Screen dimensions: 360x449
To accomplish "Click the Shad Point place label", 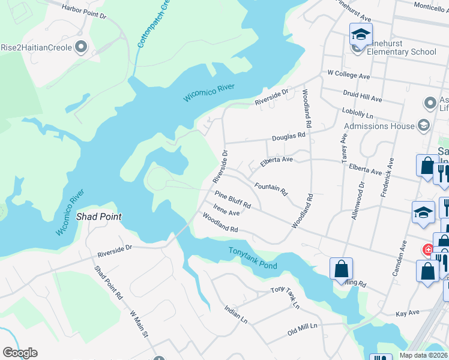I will [99, 216].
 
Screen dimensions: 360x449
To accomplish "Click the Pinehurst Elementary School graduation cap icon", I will [361, 34].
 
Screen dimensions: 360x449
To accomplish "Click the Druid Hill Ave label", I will [363, 98].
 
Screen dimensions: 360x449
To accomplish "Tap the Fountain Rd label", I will [271, 190].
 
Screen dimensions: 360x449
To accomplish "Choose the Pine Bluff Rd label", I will [233, 200].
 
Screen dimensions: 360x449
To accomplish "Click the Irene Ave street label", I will [227, 213].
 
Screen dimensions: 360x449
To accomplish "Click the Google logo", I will [20, 353].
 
